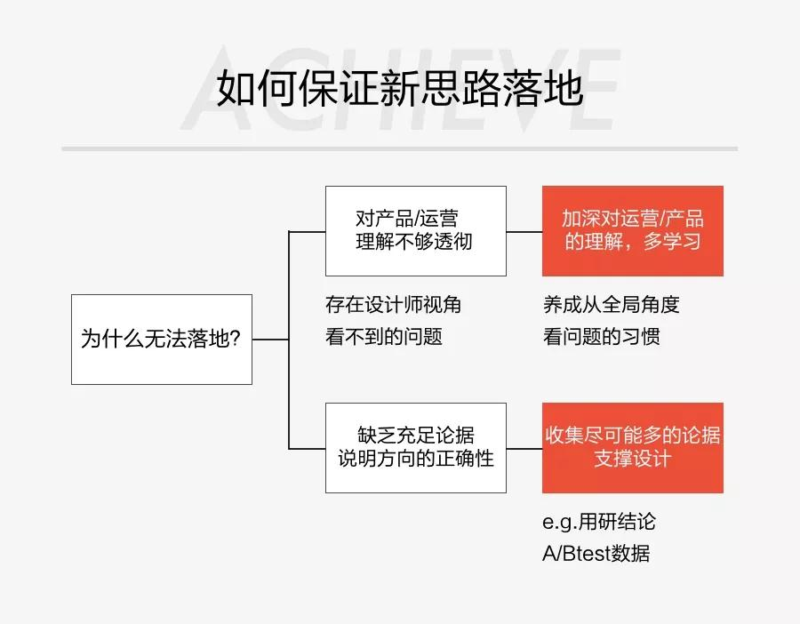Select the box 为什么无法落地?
(161, 340)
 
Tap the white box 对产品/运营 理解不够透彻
(415, 231)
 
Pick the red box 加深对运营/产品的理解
(632, 231)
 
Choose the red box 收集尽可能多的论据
(632, 448)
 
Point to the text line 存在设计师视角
(393, 305)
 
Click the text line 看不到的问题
(383, 337)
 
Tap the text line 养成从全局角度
(611, 305)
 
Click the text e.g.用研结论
(598, 522)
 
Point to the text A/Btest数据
(596, 554)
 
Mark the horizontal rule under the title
(400, 148)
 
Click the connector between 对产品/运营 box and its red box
(524, 231)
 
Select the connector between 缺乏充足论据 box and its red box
(524, 448)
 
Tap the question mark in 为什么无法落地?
(236, 340)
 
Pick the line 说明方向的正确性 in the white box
(415, 460)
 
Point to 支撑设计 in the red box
(632, 460)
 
